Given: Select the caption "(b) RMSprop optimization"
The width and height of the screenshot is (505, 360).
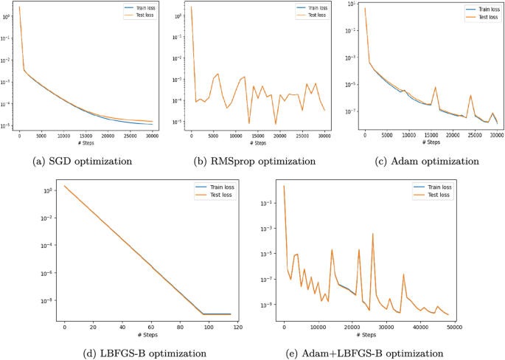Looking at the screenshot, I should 251,161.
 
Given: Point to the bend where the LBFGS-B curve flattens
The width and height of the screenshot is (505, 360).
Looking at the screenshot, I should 204,314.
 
